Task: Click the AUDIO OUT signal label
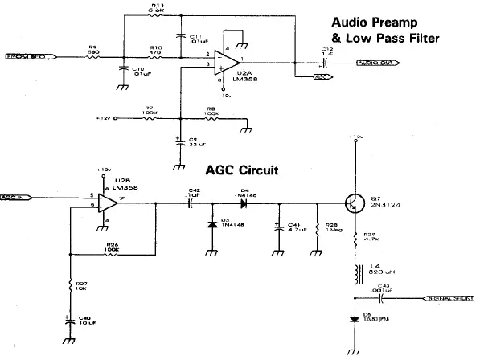coord(375,63)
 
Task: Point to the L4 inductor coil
coord(355,273)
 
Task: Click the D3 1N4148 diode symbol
coord(211,221)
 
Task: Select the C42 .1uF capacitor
coord(191,202)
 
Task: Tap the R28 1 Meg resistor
coord(318,227)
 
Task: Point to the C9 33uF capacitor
coord(178,145)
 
